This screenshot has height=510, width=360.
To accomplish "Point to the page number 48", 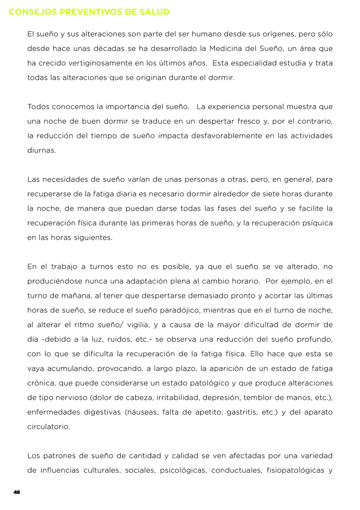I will [16, 492].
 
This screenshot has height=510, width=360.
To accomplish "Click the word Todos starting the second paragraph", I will [39, 107].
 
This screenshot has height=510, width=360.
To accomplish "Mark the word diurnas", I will [42, 151].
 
